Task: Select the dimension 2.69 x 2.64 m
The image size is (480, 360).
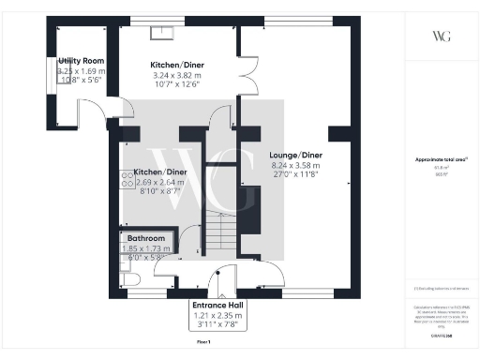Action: click(157, 182)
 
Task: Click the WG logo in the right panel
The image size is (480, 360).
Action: click(439, 37)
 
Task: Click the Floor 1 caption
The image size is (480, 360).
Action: click(204, 344)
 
